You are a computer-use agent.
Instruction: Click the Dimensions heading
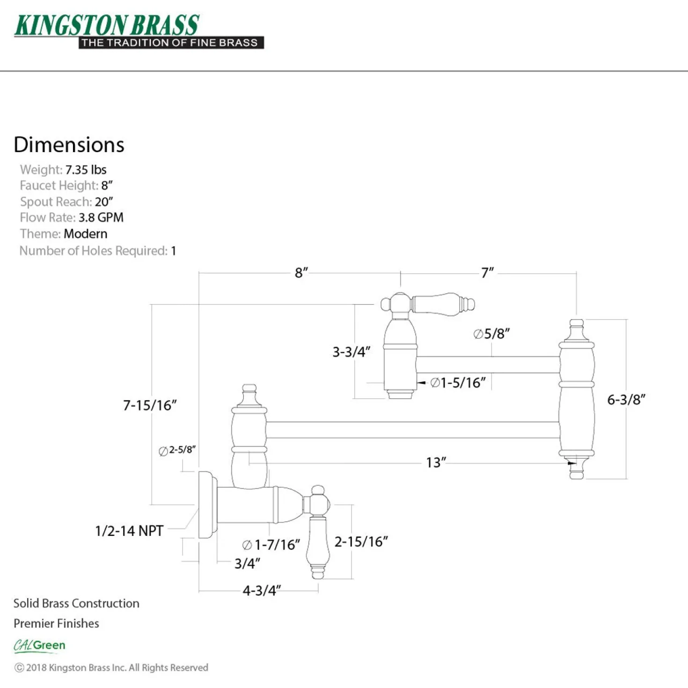click(69, 145)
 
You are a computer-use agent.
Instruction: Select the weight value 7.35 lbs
click(86, 169)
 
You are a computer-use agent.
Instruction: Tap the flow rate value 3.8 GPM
click(101, 218)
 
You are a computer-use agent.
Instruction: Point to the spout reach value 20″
click(104, 202)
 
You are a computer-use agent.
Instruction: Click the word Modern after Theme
click(85, 234)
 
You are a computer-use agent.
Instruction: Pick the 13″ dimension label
click(436, 463)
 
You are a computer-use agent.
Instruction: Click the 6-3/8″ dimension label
click(626, 400)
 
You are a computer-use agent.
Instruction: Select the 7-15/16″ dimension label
click(150, 405)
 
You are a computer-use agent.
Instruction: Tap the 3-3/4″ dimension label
click(351, 351)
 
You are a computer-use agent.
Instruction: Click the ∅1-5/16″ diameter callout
click(458, 383)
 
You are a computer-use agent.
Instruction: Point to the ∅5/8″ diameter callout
click(491, 334)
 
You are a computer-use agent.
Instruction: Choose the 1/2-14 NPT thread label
click(129, 531)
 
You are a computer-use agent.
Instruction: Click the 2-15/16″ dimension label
click(361, 542)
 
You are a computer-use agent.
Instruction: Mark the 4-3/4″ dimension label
click(262, 591)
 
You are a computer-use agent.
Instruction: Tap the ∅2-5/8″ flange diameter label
click(177, 450)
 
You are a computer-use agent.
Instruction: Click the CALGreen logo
click(39, 646)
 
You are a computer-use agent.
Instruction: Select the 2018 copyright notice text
click(111, 667)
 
